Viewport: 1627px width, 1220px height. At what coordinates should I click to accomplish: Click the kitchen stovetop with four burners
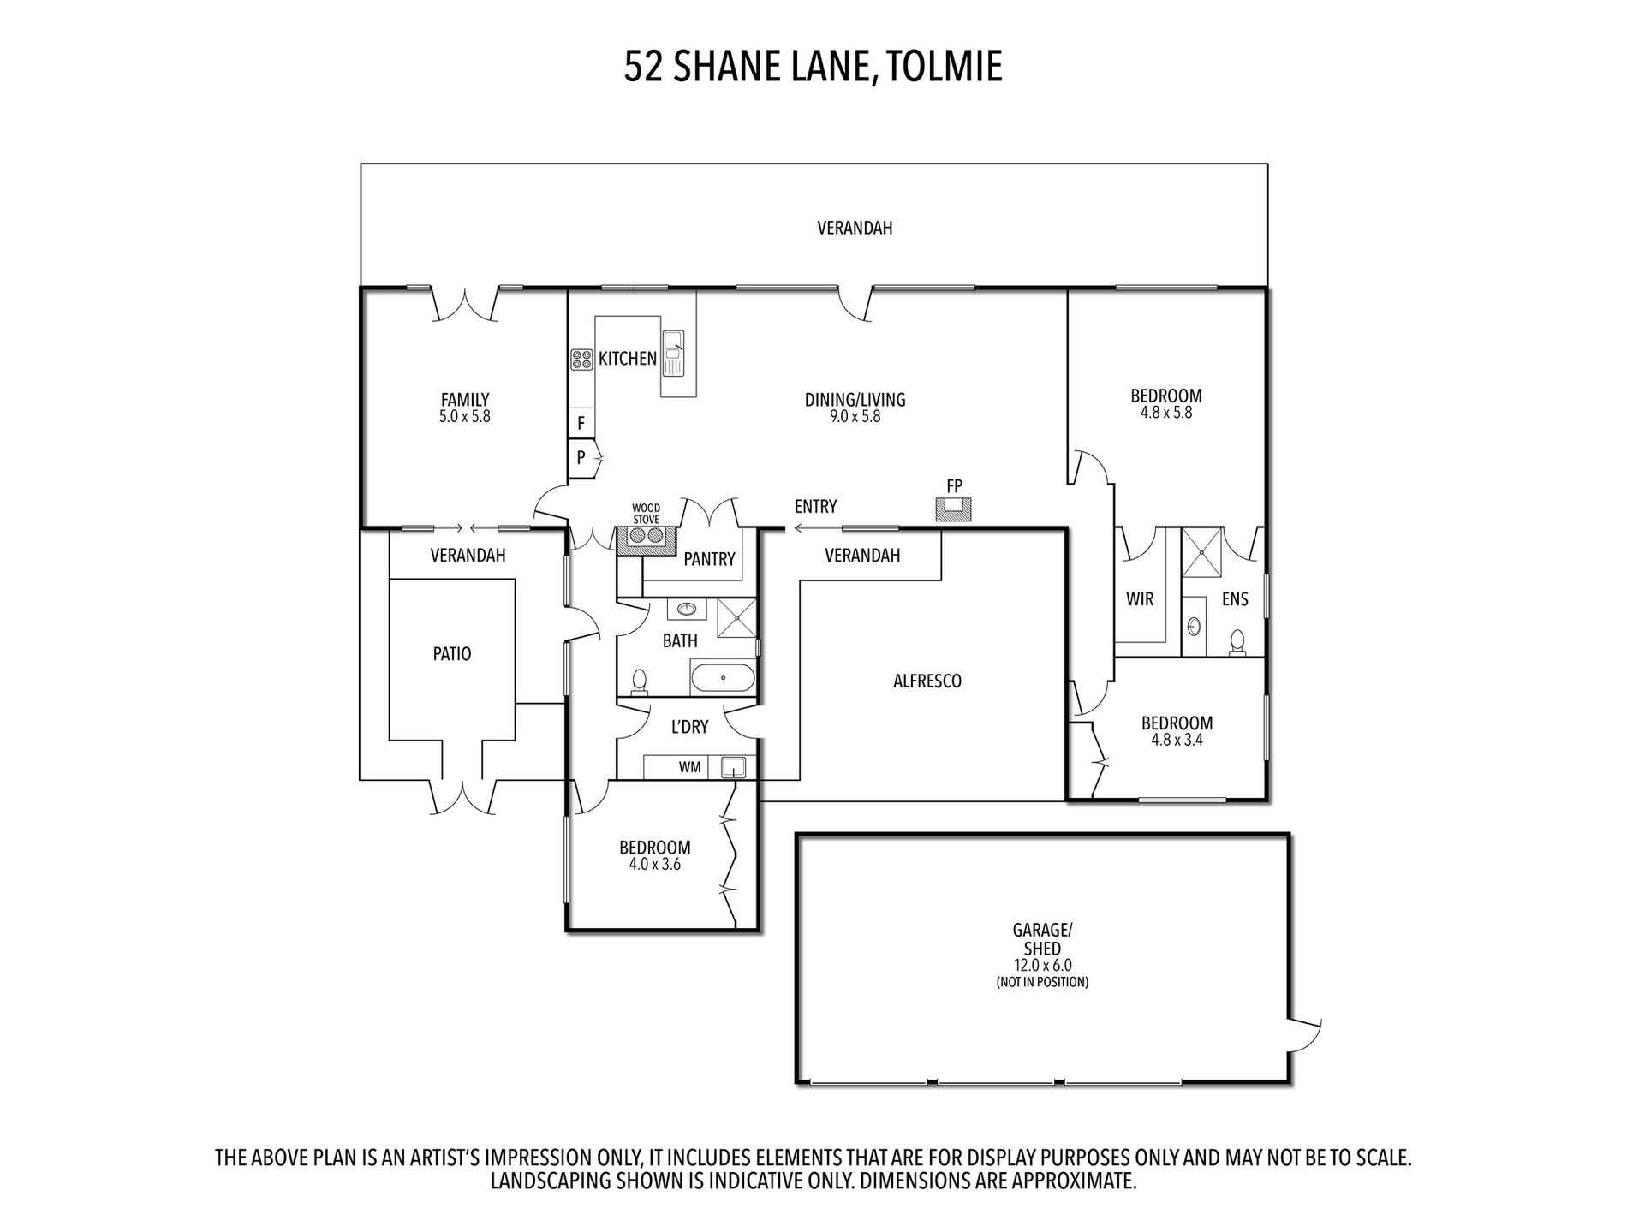(582, 360)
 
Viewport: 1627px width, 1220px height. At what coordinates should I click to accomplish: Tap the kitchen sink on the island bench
(674, 353)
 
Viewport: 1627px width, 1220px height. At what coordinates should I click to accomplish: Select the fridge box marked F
(581, 423)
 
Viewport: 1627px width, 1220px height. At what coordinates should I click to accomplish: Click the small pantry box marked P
(581, 457)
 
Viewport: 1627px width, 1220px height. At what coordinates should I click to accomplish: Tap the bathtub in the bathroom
(724, 678)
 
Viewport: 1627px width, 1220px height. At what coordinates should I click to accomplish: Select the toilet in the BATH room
(640, 681)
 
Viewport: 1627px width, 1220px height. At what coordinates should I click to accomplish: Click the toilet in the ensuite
(1237, 642)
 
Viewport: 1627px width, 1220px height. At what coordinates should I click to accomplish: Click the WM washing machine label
(689, 767)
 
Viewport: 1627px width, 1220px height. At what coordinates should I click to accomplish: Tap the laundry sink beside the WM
(733, 766)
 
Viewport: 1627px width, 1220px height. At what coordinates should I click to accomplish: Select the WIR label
(1140, 599)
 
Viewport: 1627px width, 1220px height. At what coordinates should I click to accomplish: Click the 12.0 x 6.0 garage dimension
(1042, 965)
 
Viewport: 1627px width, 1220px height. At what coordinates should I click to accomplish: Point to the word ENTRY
(815, 506)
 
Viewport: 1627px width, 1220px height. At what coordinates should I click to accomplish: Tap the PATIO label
(452, 654)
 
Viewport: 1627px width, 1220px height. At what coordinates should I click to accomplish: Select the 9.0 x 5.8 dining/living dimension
(855, 417)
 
